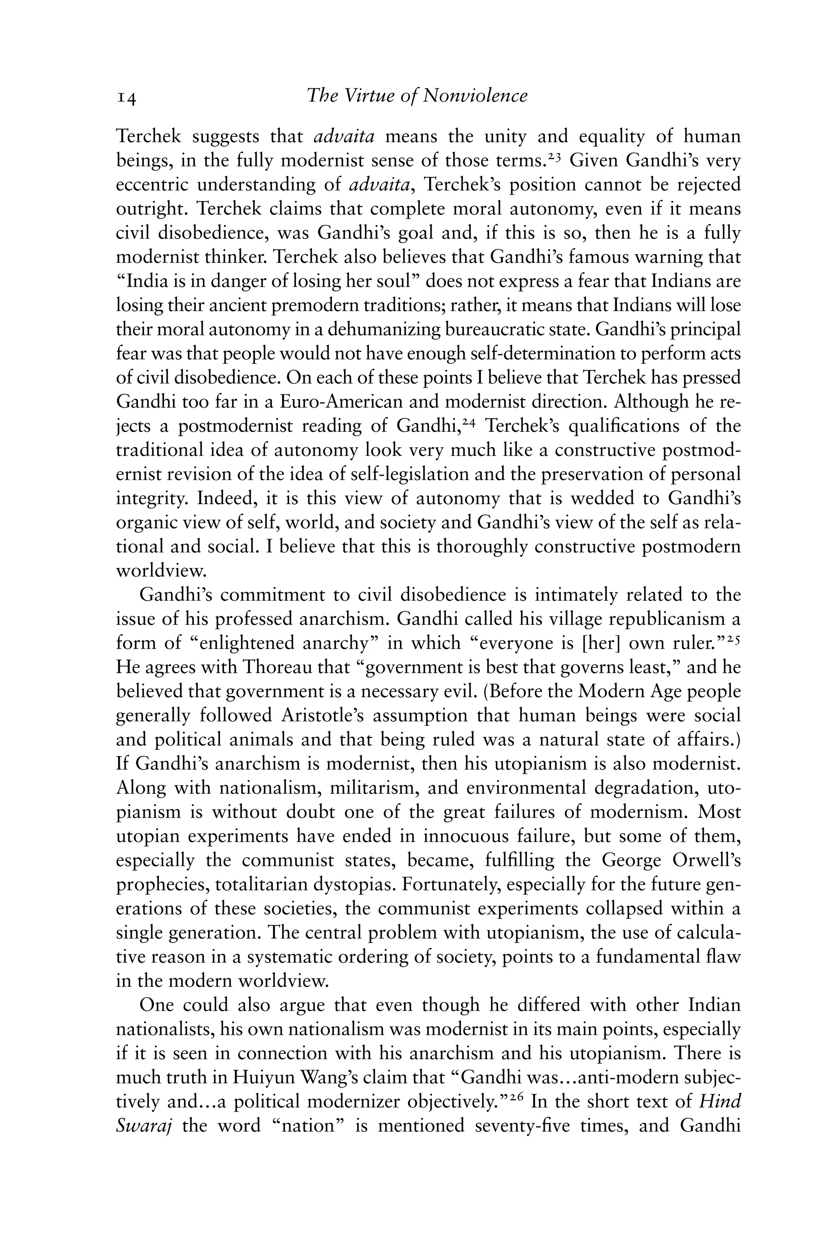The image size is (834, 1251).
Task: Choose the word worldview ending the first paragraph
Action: point(160,571)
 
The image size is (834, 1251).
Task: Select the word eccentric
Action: point(153,184)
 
